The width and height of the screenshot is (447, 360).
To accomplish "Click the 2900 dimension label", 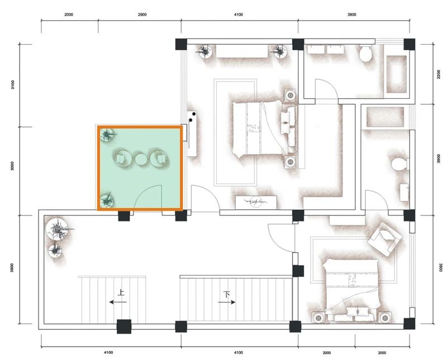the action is click(142, 15).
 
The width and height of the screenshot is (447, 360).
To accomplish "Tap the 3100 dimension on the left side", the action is click(13, 85).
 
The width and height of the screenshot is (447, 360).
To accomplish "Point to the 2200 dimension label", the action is click(439, 75).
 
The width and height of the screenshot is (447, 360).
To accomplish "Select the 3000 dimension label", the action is click(12, 166).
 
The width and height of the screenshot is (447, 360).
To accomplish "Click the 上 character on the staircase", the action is click(121, 292).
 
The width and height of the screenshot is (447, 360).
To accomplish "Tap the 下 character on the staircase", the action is click(227, 294).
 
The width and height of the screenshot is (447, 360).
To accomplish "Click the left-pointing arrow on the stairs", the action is click(118, 302).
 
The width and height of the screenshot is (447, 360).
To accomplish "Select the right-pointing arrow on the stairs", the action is click(227, 302).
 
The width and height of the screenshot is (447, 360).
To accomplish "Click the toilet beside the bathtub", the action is click(366, 53).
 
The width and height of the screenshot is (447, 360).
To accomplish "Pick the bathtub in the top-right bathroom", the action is click(396, 74).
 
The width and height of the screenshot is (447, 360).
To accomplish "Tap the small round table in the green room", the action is click(140, 160).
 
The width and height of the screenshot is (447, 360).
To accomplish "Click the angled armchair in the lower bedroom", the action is click(385, 239).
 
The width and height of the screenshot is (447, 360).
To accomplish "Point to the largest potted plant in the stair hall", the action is click(59, 229).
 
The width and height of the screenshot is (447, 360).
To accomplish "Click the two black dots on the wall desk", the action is click(192, 117).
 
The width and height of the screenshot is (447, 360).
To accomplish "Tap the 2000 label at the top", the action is click(68, 15).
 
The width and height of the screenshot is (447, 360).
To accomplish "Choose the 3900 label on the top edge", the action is click(352, 15).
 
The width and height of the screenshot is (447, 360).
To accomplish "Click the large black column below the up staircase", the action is click(124, 327).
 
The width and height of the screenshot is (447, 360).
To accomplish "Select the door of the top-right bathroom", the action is click(326, 89).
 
